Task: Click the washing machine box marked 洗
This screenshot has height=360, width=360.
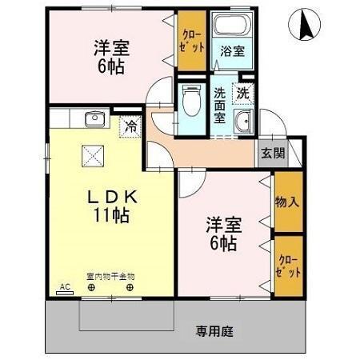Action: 242,91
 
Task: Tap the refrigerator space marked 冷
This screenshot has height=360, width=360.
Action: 129,125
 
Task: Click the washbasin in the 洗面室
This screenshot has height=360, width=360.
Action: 243,122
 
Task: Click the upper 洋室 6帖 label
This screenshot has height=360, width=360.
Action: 109,56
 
